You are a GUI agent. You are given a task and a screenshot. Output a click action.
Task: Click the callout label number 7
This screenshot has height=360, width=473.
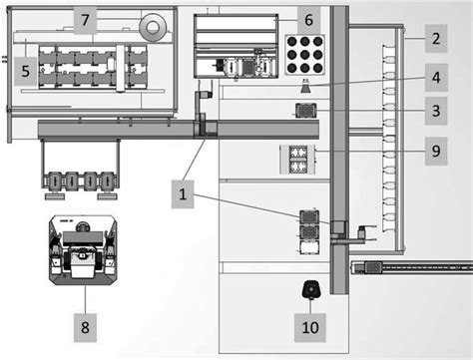(x=87, y=19)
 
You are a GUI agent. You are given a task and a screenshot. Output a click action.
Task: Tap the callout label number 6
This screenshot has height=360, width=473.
(x=308, y=19)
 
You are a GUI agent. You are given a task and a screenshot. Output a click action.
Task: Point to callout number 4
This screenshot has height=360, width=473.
(x=435, y=76)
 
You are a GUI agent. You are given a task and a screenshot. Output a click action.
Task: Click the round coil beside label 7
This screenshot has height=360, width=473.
(x=155, y=25)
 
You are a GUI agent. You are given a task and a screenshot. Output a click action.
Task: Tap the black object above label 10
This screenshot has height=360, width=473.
(x=309, y=290)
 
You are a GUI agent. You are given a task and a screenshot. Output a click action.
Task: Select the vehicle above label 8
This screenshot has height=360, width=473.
(x=84, y=248)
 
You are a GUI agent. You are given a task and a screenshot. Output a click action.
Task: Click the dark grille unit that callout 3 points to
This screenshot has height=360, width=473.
(x=305, y=109)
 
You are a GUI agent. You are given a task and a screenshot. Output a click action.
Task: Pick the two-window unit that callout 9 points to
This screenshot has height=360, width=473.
(x=297, y=156)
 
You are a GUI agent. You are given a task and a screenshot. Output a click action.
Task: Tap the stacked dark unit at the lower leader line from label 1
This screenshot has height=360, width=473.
(x=309, y=224)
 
